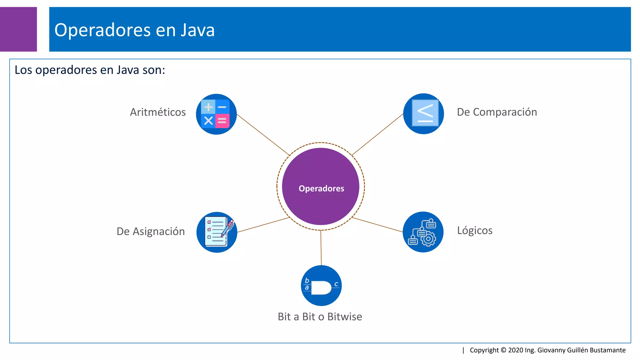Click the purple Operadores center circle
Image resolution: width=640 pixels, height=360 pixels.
coord(321,187)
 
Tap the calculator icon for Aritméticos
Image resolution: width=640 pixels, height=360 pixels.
coord(216,114)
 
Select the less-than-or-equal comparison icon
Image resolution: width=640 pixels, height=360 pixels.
coord(424,114)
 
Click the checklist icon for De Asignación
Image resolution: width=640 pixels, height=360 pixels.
coord(217,232)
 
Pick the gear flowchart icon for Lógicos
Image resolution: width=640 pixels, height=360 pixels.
coord(423,232)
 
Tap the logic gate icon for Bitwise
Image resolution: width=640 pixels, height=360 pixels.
coord(321,286)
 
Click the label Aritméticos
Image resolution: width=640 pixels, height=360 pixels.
coord(158,112)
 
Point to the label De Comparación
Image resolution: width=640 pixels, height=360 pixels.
coord(497,112)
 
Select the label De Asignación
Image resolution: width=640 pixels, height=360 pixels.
coord(151,232)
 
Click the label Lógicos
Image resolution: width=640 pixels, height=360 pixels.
coord(475,231)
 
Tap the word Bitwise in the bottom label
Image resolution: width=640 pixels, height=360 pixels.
coord(345,317)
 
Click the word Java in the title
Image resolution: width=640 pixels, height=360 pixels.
coord(197,30)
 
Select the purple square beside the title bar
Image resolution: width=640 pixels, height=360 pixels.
coord(18,29)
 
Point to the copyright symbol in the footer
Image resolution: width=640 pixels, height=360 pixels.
coord(503,350)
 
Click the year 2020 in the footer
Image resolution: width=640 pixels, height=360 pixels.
coord(516,350)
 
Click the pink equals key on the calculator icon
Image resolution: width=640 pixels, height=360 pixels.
coord(222,121)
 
